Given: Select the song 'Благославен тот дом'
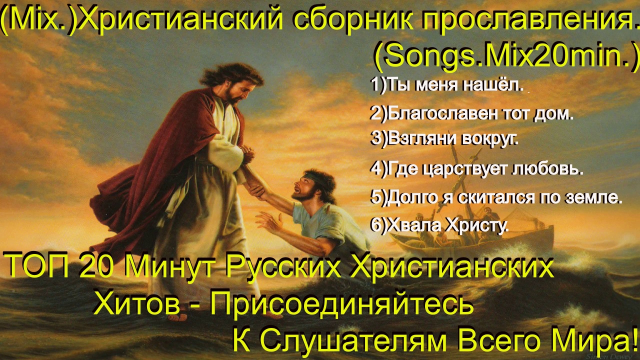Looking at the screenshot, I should [471, 114].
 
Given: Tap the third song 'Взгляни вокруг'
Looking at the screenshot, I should [444, 139].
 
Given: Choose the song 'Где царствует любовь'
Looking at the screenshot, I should [476, 169].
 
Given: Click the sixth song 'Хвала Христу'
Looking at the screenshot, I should [439, 225].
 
